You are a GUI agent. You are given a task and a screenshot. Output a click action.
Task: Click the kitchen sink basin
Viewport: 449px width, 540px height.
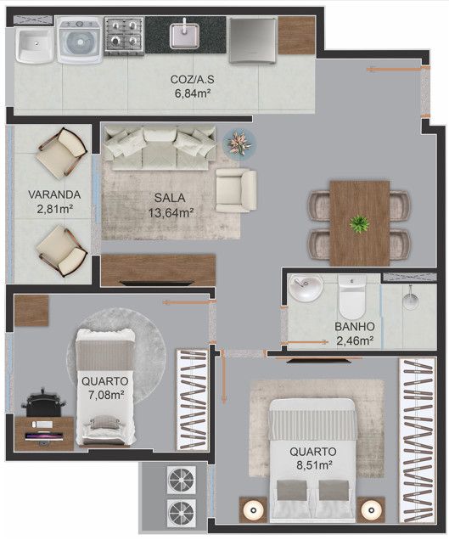pyautogui.click(x=184, y=35)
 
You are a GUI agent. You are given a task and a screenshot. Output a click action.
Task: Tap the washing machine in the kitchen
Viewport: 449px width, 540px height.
pyautogui.click(x=81, y=41)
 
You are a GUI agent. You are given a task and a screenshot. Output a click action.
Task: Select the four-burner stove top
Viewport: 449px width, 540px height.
pyautogui.click(x=124, y=37)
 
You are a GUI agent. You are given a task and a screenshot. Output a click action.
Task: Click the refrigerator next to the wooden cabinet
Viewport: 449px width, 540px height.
pyautogui.click(x=253, y=41)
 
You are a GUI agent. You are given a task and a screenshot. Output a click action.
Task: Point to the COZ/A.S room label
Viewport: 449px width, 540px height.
pyautogui.click(x=192, y=79)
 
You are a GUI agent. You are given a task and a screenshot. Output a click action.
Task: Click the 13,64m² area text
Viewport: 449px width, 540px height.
pyautogui.click(x=171, y=213)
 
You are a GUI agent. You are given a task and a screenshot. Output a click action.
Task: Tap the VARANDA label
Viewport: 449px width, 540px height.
pyautogui.click(x=54, y=194)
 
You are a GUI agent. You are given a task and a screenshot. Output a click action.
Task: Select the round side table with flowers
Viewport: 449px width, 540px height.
pyautogui.click(x=239, y=143)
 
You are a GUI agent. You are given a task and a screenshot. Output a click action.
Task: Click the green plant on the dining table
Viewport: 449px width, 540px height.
pyautogui.click(x=360, y=224)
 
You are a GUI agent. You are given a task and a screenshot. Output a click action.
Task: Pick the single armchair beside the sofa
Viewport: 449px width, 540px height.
pyautogui.click(x=236, y=190)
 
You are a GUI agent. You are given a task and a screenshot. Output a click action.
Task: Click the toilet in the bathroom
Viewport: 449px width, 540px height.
pyautogui.click(x=351, y=296)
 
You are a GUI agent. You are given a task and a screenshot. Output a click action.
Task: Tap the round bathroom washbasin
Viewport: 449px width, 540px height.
pyautogui.click(x=306, y=288)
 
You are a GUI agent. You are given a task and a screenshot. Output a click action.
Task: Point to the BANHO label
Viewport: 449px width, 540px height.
pyautogui.click(x=355, y=327)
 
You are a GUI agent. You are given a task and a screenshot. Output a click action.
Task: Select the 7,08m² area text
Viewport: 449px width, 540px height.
pyautogui.click(x=106, y=395)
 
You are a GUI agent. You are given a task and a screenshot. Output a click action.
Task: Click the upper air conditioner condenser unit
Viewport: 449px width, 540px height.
pyautogui.click(x=182, y=480)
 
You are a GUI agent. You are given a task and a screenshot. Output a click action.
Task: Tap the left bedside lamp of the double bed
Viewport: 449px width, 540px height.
pyautogui.click(x=253, y=510)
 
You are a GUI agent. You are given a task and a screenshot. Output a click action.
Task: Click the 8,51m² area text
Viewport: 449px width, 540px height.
pyautogui.click(x=314, y=465)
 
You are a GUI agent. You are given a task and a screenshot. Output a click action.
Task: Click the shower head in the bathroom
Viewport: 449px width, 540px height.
pyautogui.click(x=411, y=300)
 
